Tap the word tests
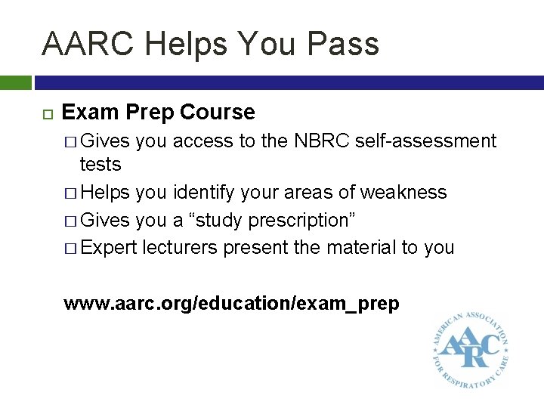(x=100, y=164)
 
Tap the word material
(x=347, y=248)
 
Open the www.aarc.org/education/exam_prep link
(x=231, y=304)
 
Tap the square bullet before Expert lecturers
(x=70, y=249)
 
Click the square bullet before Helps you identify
(x=70, y=193)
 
